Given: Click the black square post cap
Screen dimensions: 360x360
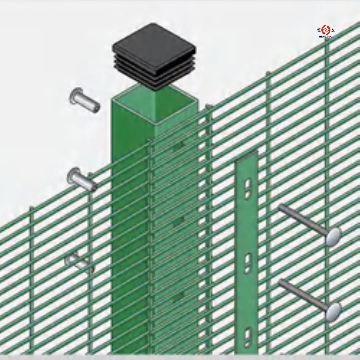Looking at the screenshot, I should point(154,53).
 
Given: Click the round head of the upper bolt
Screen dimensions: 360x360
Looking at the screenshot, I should point(334,237).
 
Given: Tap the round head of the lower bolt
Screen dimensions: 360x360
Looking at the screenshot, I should point(334,312).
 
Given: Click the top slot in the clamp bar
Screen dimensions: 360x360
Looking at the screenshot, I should point(248,189).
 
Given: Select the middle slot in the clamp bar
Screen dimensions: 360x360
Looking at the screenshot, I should point(248,263).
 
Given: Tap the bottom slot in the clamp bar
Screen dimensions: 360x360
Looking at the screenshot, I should point(248,337).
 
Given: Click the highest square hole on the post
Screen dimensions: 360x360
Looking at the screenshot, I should point(179,145).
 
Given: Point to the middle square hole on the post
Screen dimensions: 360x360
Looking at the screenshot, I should point(179,220).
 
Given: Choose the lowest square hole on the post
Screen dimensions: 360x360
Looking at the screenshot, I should point(179,295).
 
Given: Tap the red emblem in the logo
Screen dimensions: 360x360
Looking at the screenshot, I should point(326,30).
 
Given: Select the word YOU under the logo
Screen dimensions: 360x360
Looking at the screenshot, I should point(330,36).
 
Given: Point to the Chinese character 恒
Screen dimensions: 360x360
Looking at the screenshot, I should point(319,30).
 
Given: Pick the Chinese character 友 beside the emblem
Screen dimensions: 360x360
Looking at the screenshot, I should point(333,30).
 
